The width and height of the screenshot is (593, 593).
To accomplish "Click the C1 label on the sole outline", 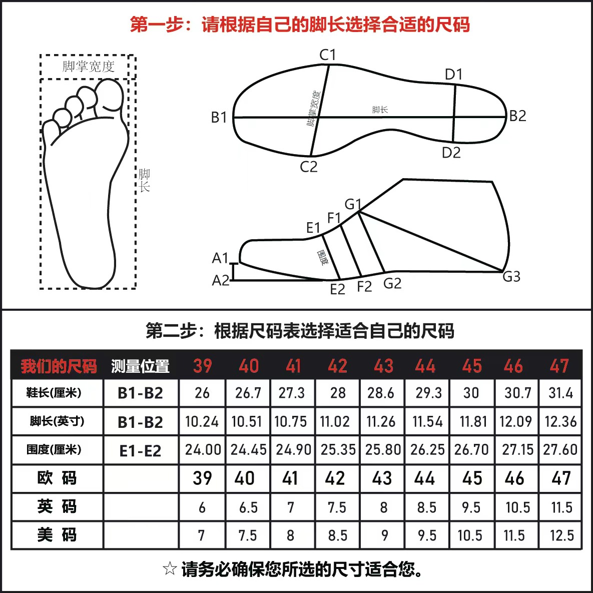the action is [327, 55].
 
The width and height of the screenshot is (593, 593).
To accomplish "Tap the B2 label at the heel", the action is [517, 116].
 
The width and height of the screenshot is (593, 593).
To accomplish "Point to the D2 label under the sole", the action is [451, 153].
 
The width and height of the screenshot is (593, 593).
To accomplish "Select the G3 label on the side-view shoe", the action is [511, 277].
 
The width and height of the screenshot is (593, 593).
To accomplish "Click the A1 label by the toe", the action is [220, 258].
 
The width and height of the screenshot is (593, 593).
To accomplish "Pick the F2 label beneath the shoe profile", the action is [364, 287].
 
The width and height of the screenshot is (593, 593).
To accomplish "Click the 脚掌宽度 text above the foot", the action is [88, 67].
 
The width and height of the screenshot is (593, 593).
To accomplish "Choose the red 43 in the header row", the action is [383, 366].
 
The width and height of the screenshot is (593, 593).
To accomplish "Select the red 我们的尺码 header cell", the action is [59, 366].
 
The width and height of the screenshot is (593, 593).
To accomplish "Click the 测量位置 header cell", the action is [140, 366].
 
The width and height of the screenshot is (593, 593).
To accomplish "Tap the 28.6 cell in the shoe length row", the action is [380, 393].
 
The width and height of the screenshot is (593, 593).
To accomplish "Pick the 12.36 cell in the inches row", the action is [560, 422].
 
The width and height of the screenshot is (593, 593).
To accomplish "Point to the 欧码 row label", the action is [57, 478].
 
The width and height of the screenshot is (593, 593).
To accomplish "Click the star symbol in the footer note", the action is [170, 568].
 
